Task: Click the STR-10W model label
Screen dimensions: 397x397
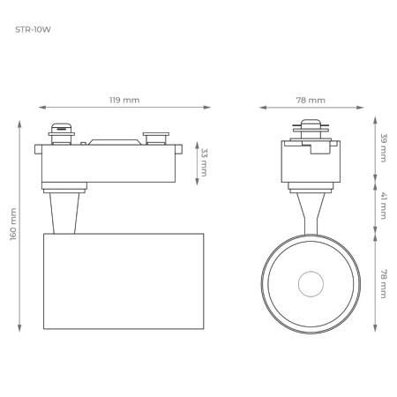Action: pyautogui.click(x=32, y=29)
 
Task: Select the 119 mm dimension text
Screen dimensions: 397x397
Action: pyautogui.click(x=124, y=100)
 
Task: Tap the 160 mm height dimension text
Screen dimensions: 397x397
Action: pyautogui.click(x=12, y=224)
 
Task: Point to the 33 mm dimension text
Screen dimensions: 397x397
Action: pyautogui.click(x=205, y=161)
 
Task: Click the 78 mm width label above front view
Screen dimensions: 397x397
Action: pyautogui.click(x=311, y=100)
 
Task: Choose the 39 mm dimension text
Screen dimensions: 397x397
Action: pyautogui.click(x=383, y=147)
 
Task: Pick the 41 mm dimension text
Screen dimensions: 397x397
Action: pyautogui.click(x=383, y=208)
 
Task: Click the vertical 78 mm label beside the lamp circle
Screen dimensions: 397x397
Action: pyautogui.click(x=383, y=283)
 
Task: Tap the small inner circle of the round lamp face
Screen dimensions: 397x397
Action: pyautogui.click(x=310, y=284)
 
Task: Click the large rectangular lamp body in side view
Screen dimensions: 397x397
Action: pyautogui.click(x=124, y=281)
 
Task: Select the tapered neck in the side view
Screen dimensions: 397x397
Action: pyautogui.click(x=64, y=213)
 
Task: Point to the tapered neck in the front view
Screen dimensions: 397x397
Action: pyautogui.click(x=310, y=211)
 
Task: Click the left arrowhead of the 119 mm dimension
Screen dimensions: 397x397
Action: pyautogui.click(x=41, y=108)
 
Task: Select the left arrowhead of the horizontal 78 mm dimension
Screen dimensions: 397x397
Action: pyautogui.click(x=262, y=108)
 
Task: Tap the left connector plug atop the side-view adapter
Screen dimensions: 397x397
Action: pyautogui.click(x=61, y=132)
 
